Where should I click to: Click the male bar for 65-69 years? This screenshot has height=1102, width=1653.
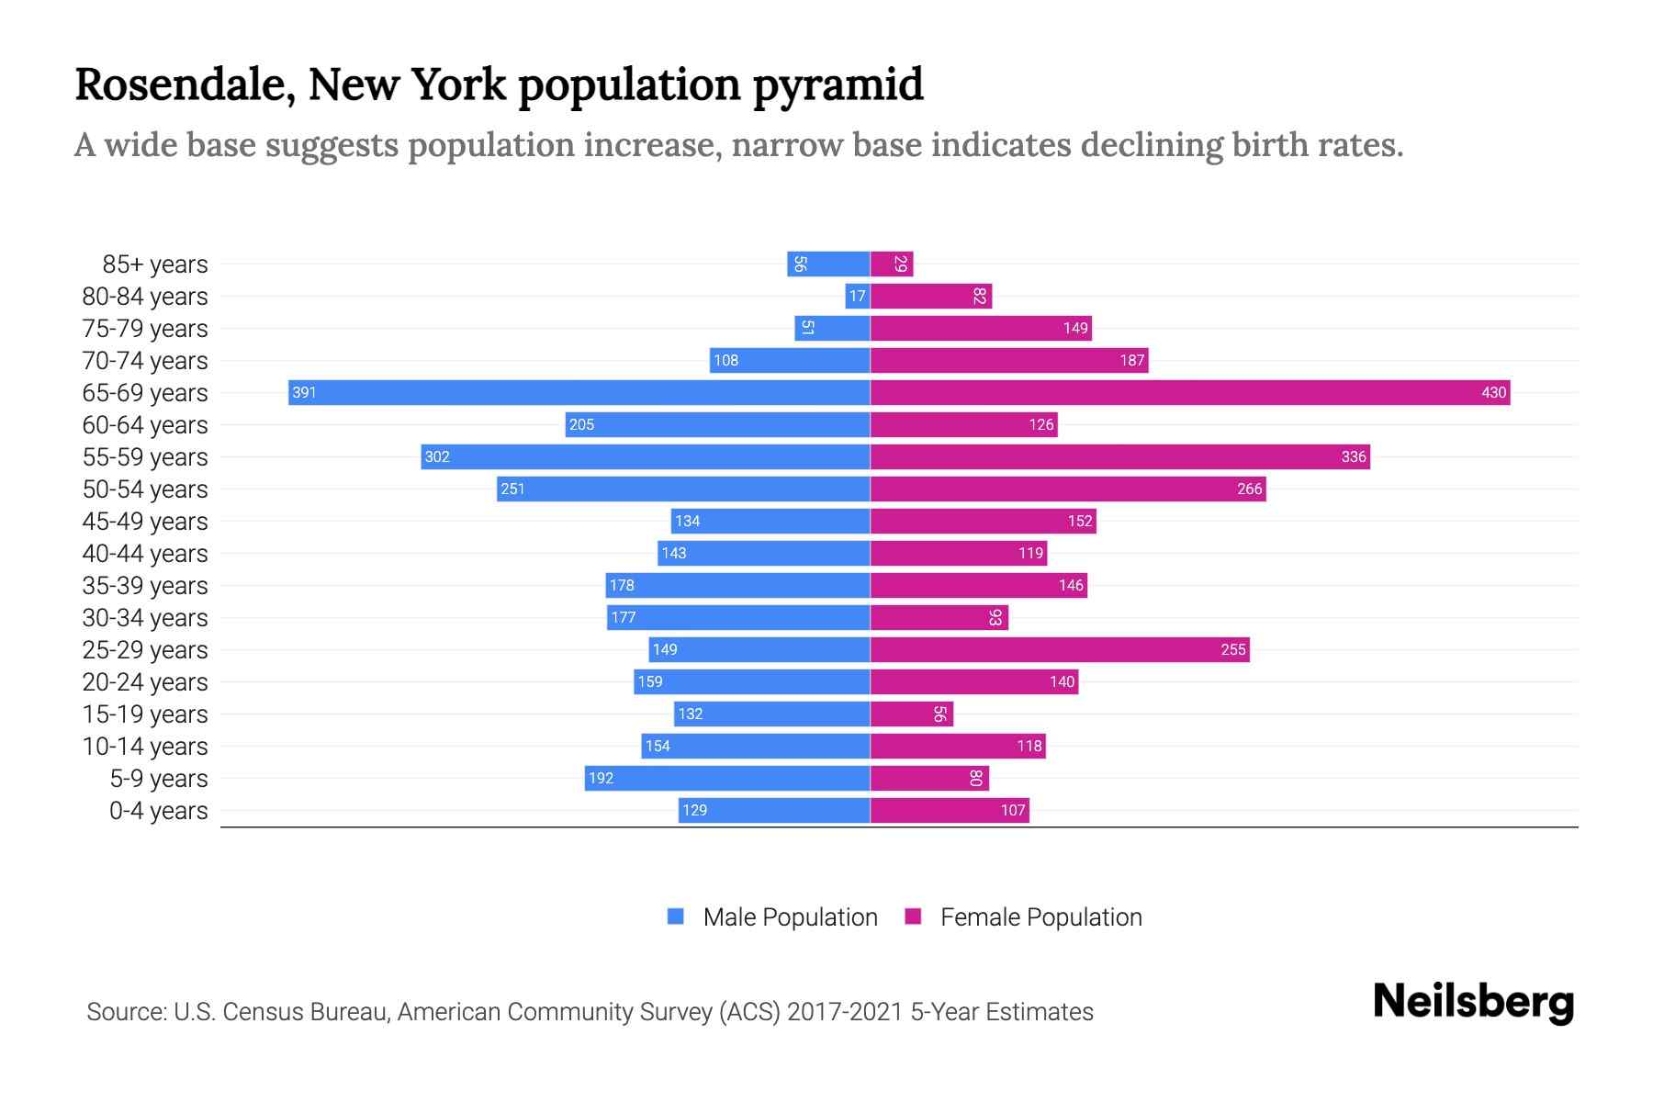click(x=579, y=393)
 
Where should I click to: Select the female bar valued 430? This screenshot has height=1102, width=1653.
click(x=1189, y=393)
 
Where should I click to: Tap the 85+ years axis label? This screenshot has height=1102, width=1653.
click(x=155, y=264)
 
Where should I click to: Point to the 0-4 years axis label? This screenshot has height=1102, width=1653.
click(x=158, y=811)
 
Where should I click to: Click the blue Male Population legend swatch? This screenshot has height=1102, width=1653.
click(x=676, y=916)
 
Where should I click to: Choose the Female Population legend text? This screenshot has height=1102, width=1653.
click(x=1040, y=917)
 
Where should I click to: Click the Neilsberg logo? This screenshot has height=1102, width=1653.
click(x=1473, y=1002)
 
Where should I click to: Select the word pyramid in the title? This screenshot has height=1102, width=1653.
click(x=838, y=84)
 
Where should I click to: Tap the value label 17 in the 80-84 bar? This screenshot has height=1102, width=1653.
click(x=857, y=297)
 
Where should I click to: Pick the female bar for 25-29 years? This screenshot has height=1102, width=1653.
click(x=1060, y=650)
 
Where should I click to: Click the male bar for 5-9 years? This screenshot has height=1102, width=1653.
click(x=727, y=779)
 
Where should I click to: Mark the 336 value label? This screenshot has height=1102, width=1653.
click(x=1354, y=457)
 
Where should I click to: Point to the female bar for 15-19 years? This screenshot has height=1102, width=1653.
click(x=912, y=714)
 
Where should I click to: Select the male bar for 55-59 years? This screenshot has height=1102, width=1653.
click(x=646, y=457)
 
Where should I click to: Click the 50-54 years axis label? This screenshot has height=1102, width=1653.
click(x=145, y=489)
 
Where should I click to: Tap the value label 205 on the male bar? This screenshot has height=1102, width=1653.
click(x=581, y=425)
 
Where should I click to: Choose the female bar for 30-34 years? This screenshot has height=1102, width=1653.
click(x=939, y=618)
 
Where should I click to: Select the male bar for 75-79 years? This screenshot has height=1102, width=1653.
click(x=832, y=329)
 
